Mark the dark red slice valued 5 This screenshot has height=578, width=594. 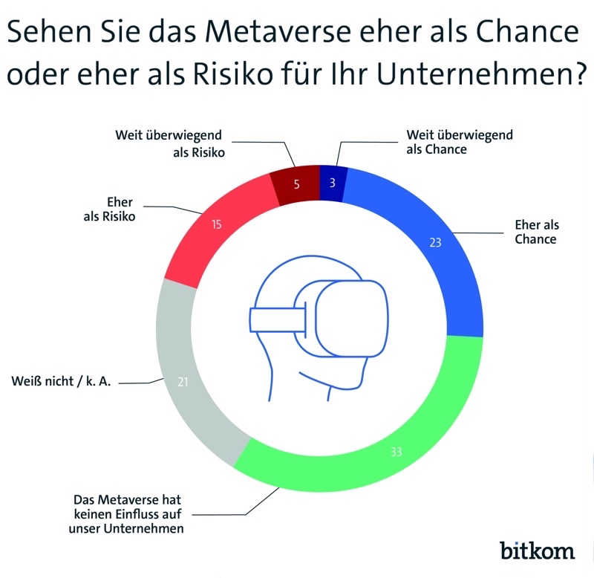pos(296,183)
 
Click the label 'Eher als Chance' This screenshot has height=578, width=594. pos(535,232)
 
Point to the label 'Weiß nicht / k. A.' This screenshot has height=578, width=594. pos(61,383)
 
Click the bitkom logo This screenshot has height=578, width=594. pos(537,550)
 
